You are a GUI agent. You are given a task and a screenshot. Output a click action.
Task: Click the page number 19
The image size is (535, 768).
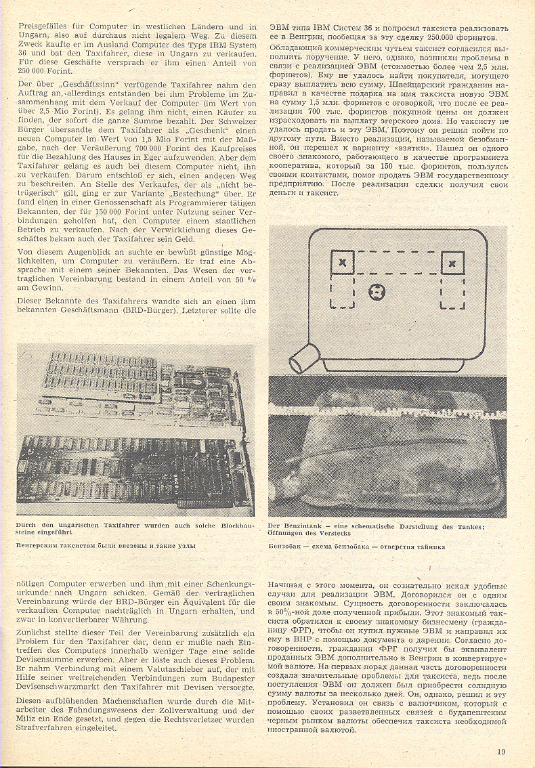[x=500, y=750]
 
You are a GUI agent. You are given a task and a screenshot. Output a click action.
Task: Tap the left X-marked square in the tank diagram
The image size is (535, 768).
[x=342, y=262]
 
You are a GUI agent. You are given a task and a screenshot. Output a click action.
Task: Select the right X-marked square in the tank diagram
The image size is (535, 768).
[x=452, y=262]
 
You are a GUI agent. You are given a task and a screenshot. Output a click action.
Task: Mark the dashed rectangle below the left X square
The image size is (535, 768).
[x=342, y=293]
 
